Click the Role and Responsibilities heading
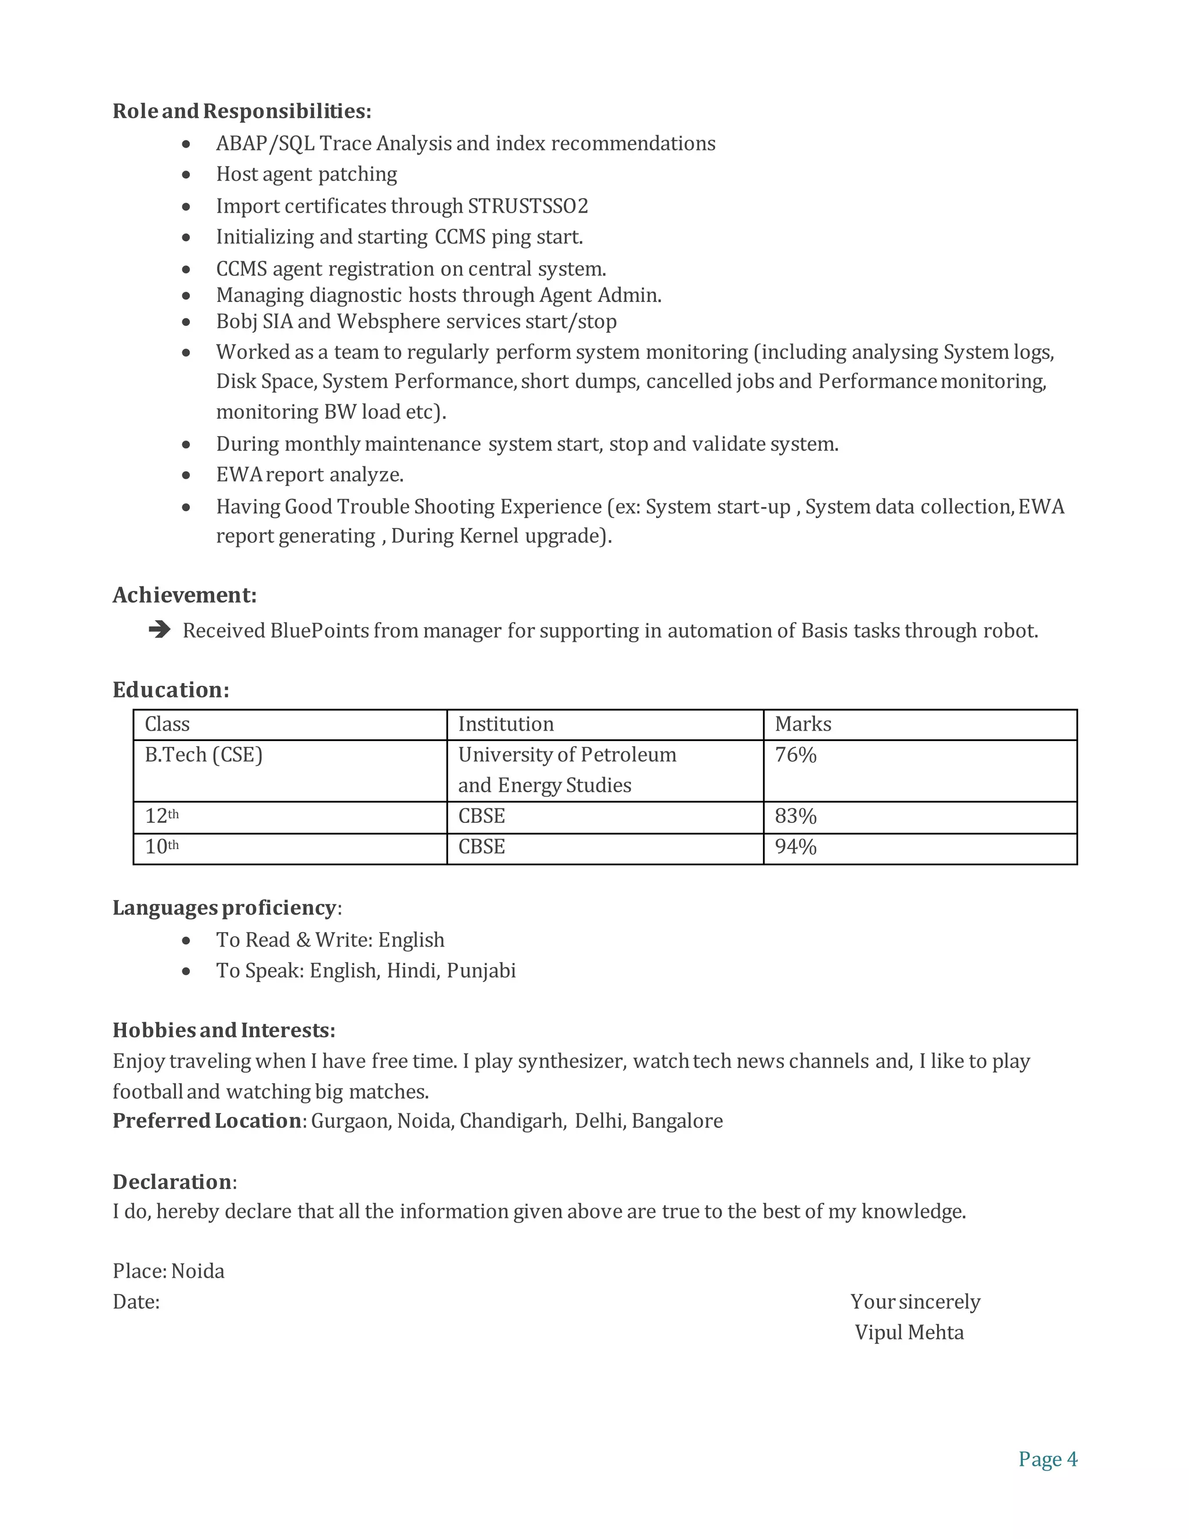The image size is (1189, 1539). (x=242, y=112)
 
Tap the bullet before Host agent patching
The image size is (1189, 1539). (x=186, y=174)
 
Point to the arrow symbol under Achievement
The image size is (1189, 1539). (x=160, y=630)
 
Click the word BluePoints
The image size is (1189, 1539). (x=320, y=630)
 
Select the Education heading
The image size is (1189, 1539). (x=171, y=689)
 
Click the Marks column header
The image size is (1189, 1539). (x=803, y=724)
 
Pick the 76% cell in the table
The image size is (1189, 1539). (x=795, y=755)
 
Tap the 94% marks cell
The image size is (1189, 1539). (x=795, y=846)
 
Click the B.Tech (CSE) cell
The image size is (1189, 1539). (x=204, y=755)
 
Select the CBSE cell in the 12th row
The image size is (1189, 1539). (x=482, y=816)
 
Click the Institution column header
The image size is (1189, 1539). (x=506, y=724)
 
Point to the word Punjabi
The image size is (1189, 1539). (x=481, y=970)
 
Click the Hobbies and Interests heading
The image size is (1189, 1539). (x=224, y=1030)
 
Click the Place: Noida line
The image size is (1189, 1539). (x=168, y=1271)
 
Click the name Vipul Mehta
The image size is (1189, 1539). (x=909, y=1332)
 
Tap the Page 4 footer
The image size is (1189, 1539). (x=1047, y=1459)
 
